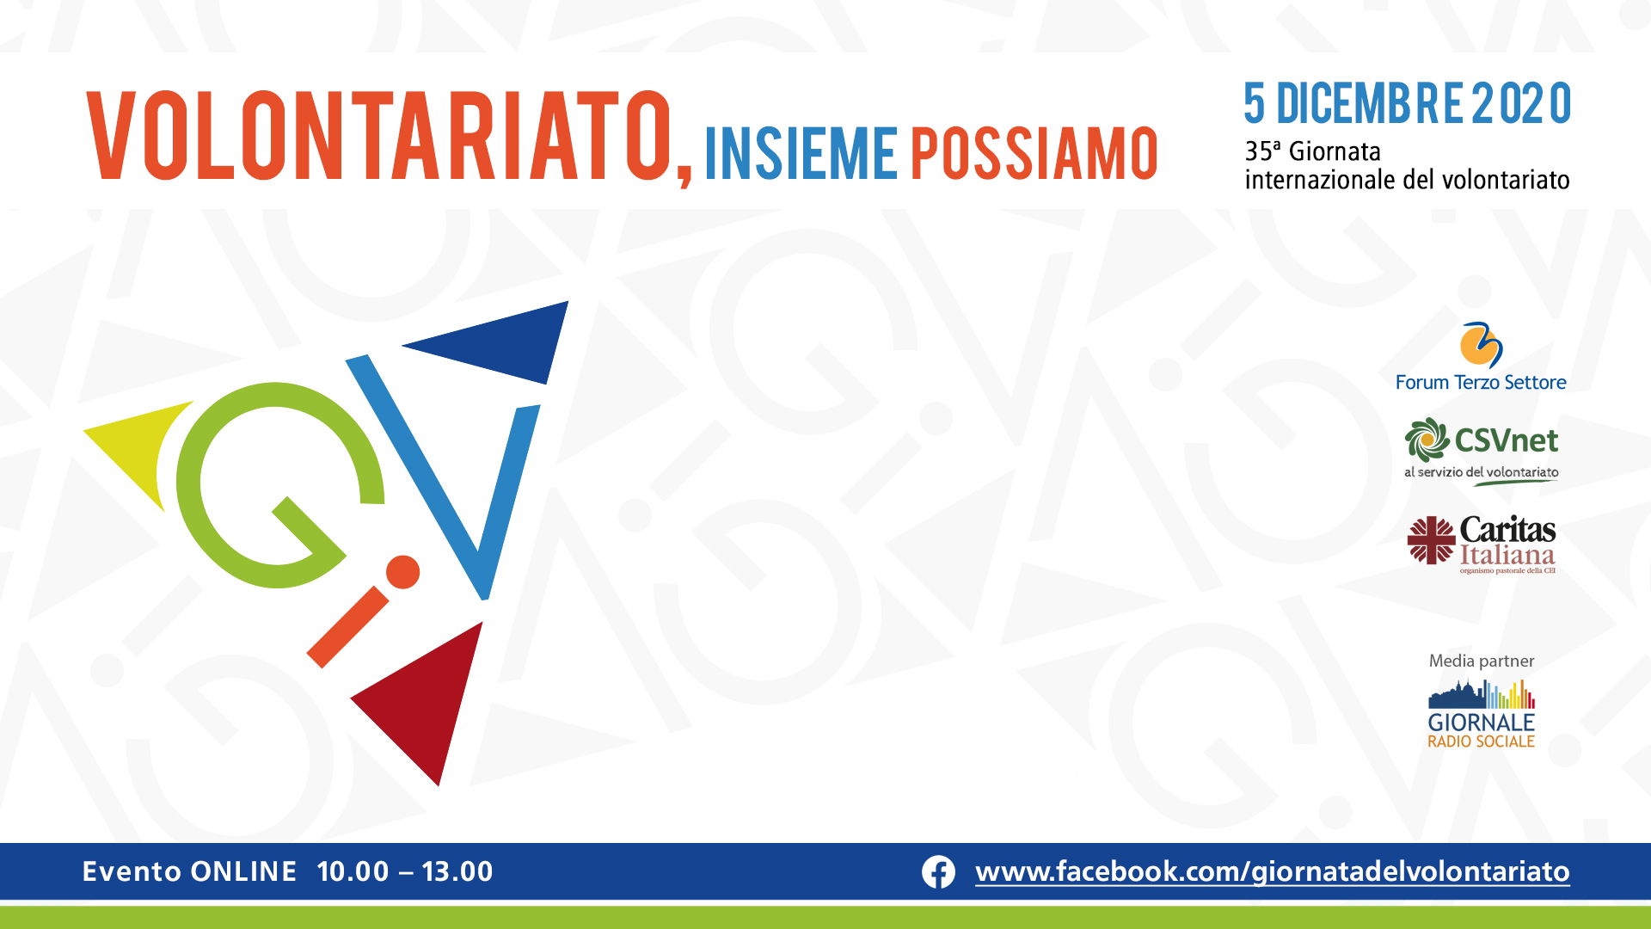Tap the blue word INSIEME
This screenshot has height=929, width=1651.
pyautogui.click(x=801, y=154)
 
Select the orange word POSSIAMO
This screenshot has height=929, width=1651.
pyautogui.click(x=1034, y=154)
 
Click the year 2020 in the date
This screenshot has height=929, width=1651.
pyautogui.click(x=1521, y=104)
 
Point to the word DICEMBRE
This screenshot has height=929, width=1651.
pyautogui.click(x=1370, y=104)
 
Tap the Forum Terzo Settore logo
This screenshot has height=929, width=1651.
pyautogui.click(x=1481, y=357)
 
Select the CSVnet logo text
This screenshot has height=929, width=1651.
pyautogui.click(x=1506, y=440)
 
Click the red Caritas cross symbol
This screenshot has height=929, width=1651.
pyautogui.click(x=1431, y=540)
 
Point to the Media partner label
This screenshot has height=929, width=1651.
pyautogui.click(x=1482, y=661)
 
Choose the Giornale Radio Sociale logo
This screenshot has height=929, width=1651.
pyautogui.click(x=1482, y=714)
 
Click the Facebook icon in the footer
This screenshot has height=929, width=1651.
pyautogui.click(x=938, y=872)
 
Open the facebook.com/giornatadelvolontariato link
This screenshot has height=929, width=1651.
pyautogui.click(x=1273, y=872)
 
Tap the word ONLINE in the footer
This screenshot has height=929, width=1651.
pyautogui.click(x=243, y=871)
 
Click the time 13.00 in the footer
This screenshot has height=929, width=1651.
pyautogui.click(x=457, y=871)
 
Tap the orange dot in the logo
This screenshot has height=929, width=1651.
pyautogui.click(x=402, y=572)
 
